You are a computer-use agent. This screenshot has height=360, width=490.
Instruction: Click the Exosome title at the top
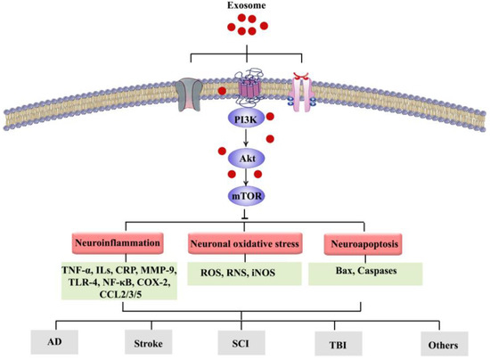tap(245, 7)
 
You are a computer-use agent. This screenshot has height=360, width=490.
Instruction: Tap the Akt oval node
tap(245, 159)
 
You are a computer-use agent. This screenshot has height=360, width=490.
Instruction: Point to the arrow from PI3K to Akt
tap(245, 137)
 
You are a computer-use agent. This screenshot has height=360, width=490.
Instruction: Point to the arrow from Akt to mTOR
tap(245, 176)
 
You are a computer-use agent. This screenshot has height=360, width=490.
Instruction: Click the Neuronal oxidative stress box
tap(245, 241)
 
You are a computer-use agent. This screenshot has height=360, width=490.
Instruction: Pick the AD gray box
tap(55, 340)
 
